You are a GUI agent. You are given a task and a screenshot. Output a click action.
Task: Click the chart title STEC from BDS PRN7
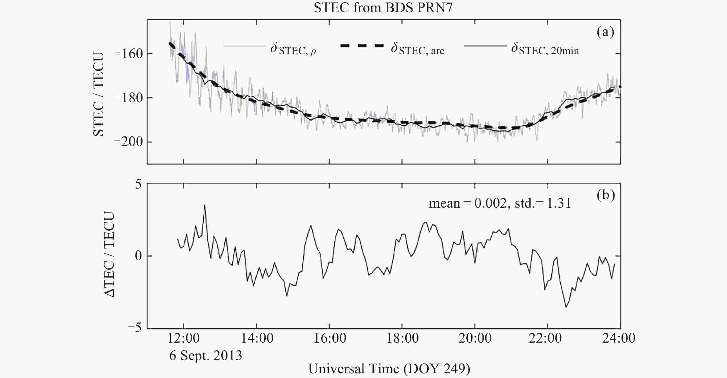(383, 8)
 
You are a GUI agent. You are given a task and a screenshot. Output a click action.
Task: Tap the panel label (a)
(605, 32)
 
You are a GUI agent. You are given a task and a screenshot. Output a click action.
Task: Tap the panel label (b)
(606, 195)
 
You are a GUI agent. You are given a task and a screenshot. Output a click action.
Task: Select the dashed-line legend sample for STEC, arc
(362, 46)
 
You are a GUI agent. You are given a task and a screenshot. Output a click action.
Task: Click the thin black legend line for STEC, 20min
(485, 46)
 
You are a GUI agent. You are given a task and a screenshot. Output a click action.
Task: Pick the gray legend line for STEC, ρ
(245, 46)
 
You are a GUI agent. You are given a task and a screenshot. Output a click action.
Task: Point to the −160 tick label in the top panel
(128, 54)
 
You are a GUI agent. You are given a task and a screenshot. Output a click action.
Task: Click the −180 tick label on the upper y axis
(128, 98)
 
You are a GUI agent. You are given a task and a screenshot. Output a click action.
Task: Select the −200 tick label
(128, 142)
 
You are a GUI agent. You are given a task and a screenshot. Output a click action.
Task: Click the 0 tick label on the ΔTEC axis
(138, 256)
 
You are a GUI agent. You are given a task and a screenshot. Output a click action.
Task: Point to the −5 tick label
(134, 328)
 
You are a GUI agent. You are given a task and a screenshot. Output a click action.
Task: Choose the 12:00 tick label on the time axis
(184, 338)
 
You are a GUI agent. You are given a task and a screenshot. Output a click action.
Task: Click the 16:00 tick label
(330, 338)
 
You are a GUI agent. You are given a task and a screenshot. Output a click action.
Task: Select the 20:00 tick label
(475, 338)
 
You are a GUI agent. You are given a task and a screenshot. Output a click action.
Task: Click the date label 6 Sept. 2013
(205, 355)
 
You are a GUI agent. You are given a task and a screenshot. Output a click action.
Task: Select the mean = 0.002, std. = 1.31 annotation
(500, 203)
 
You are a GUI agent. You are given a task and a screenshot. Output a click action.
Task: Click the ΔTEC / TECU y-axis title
(109, 254)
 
